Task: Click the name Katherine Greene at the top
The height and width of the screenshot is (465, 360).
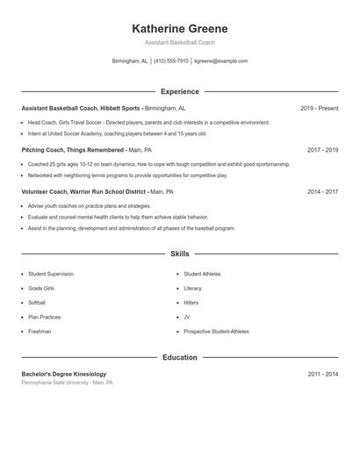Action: point(179,27)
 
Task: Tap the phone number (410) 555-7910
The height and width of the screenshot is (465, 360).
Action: point(171,61)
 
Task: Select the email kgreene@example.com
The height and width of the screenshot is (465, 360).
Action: point(220,61)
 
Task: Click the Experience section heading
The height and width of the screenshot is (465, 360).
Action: point(179,91)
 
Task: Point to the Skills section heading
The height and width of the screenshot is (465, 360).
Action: point(179,254)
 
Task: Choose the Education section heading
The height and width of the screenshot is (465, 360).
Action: point(179,357)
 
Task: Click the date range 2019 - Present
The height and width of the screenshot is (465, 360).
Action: point(319,108)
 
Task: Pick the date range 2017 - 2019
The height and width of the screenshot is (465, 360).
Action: point(322,150)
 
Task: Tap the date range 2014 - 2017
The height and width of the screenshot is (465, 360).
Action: point(322,190)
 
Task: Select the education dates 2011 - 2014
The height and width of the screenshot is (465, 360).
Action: point(322,374)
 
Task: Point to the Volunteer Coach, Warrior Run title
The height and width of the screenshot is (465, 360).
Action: point(83,190)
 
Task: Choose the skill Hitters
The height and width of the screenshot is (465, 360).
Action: point(191,303)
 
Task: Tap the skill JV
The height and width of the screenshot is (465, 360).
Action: point(187,317)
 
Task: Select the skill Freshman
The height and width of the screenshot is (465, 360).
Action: point(40,332)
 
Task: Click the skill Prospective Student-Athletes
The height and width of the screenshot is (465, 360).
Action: point(216,332)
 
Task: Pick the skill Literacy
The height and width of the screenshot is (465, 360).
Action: point(193,288)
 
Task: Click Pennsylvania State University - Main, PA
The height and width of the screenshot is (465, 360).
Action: point(68,383)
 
